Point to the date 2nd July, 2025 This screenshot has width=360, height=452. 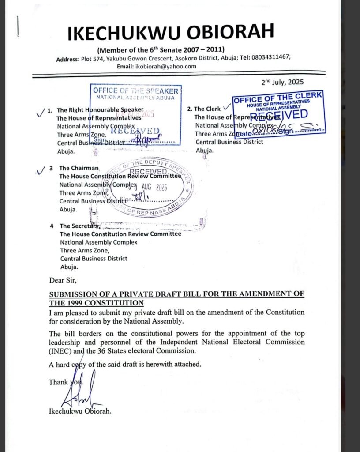[x=283, y=82]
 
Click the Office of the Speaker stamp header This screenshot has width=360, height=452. [x=135, y=91]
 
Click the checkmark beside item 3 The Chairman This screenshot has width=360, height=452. [x=41, y=170]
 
